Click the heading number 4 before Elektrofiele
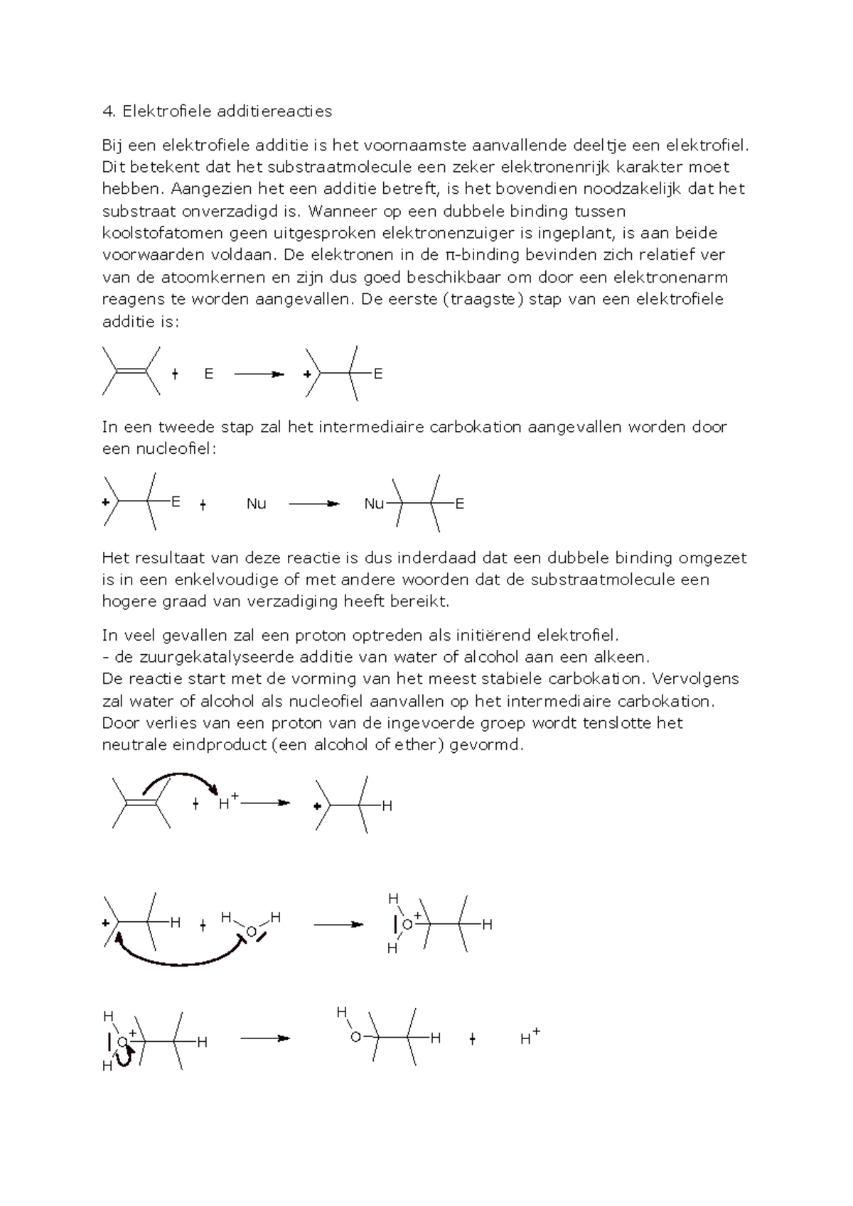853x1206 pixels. pos(107,112)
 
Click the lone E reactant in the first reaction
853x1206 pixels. pos(208,374)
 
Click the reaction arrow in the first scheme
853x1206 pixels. pos(259,374)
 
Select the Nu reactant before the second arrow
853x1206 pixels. pos(256,504)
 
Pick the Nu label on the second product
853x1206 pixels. pos(373,504)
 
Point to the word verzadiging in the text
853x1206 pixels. pos(294,602)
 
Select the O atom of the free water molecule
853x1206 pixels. pos(251,932)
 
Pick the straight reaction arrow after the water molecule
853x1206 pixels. pos(338,925)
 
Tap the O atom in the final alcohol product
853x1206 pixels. pos(355,1038)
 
